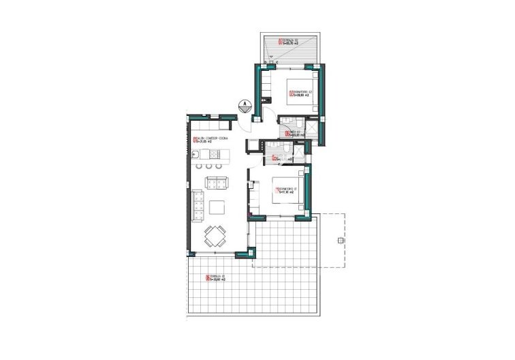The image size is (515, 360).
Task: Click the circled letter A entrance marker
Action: tap(243, 104)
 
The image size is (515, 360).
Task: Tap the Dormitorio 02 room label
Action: tap(300, 93)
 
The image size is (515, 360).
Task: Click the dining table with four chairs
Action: tap(215, 237)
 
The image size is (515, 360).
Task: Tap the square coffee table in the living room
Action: tap(217, 207)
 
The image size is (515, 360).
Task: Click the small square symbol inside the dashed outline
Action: tap(339, 240)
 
